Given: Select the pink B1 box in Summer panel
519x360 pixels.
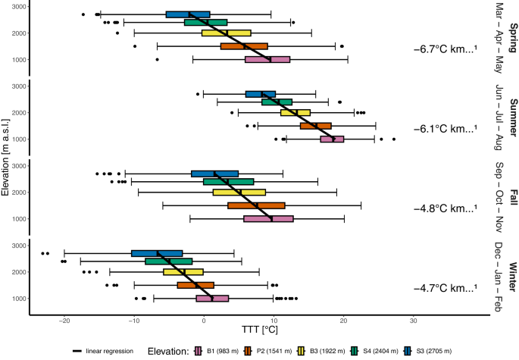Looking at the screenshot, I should click(332, 139).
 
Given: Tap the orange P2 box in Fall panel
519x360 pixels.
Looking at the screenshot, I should click(256, 205).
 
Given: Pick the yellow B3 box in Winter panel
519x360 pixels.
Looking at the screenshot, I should click(183, 271).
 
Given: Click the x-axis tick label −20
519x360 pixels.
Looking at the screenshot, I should click(64, 320).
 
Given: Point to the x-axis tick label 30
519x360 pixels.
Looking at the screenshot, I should click(413, 320).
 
